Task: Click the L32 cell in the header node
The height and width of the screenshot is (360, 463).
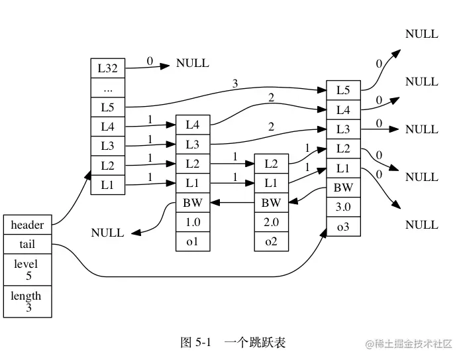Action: [x=107, y=68]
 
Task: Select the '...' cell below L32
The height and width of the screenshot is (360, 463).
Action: [x=107, y=87]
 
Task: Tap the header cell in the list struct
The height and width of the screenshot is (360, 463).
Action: [x=27, y=225]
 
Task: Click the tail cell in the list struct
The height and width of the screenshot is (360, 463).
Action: [x=27, y=244]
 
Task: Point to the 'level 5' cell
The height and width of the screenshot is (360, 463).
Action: [x=27, y=269]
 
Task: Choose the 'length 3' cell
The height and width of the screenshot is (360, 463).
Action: [x=27, y=301]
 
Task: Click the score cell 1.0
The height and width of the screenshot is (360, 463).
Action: [x=192, y=222]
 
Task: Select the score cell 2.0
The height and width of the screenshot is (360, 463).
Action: [x=271, y=222]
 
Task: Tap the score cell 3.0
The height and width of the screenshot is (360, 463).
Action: [x=343, y=207]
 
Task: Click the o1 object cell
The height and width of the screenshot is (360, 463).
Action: [x=192, y=242]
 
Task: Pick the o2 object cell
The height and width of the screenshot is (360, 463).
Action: [x=271, y=242]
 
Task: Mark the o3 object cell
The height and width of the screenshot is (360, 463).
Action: [x=343, y=227]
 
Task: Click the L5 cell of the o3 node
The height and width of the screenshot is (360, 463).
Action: [x=343, y=90]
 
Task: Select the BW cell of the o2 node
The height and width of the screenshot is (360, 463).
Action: [x=271, y=202]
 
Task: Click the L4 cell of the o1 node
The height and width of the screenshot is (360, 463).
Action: [x=192, y=125]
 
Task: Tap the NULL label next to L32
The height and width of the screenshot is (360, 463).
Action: [x=192, y=64]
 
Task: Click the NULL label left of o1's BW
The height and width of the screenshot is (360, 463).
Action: [x=107, y=233]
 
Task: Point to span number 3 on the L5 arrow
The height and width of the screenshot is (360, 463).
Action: [x=235, y=83]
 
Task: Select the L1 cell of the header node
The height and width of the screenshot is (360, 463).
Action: [x=107, y=185]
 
